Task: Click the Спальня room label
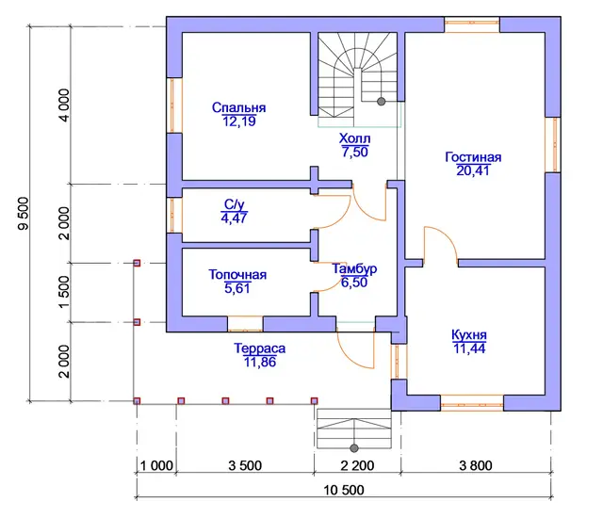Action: [238, 107]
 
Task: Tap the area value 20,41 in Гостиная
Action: [473, 170]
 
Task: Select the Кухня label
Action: [469, 334]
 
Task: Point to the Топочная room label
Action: [237, 274]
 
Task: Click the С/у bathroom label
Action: [235, 204]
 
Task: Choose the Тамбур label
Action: [354, 268]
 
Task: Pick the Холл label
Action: [354, 138]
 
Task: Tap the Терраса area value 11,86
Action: [260, 362]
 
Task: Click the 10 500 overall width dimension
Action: [344, 490]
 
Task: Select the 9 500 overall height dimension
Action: [24, 214]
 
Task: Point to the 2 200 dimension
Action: [357, 465]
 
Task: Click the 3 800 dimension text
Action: [476, 465]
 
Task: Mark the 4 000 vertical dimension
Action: [65, 105]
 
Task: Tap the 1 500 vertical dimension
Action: [65, 292]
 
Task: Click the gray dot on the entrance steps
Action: [354, 448]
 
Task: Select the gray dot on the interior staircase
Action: [381, 102]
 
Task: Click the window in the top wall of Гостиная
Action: [472, 24]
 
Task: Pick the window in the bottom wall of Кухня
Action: [472, 403]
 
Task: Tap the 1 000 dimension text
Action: [156, 465]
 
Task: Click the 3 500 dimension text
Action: [245, 465]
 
